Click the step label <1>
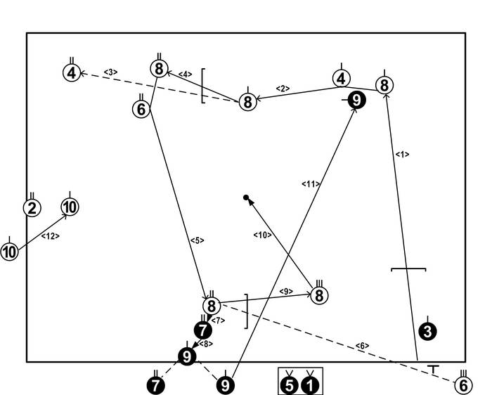402,154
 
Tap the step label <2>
283,89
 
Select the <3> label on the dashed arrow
110,72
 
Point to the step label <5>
197,240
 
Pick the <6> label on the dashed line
361,345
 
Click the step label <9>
286,291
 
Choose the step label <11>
312,184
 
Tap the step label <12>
51,236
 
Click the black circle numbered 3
427,329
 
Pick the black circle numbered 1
310,385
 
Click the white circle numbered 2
32,208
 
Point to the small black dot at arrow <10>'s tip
245,198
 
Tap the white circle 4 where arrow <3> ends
70,72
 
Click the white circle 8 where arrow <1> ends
384,86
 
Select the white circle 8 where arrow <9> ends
319,296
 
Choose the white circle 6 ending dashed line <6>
462,385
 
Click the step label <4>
185,74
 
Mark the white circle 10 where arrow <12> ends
70,207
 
